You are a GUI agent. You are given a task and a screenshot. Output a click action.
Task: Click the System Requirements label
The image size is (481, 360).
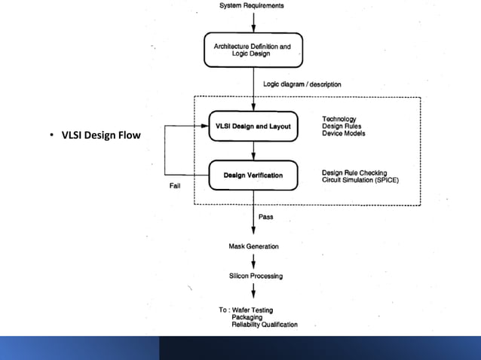(252, 5)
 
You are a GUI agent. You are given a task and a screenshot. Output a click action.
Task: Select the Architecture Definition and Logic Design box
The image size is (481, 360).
(253, 49)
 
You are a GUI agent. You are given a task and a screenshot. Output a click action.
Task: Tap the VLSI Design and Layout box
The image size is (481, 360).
(253, 127)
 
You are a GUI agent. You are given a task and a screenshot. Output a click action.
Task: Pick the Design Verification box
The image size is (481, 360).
(253, 175)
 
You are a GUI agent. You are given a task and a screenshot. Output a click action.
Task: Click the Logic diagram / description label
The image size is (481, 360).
(302, 84)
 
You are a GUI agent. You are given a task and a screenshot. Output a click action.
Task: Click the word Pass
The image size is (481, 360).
(266, 217)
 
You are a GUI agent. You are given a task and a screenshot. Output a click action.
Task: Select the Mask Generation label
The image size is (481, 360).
(253, 246)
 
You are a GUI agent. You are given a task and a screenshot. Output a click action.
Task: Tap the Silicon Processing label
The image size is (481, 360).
(256, 276)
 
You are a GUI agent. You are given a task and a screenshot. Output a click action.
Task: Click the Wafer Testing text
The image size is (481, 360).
(253, 310)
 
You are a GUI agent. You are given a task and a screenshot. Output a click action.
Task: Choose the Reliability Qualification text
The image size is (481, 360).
(265, 325)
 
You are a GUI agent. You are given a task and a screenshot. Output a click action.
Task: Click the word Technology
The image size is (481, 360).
(339, 119)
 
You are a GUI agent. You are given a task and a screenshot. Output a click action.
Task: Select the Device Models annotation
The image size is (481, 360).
(344, 134)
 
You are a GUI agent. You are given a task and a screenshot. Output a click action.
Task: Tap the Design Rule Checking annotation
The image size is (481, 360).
(355, 172)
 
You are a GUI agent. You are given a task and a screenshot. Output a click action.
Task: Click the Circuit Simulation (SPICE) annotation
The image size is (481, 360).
(360, 180)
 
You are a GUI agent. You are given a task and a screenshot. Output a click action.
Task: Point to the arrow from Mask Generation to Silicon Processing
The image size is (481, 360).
(253, 261)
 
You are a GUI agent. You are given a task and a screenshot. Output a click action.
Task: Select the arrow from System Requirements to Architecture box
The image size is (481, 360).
(253, 20)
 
